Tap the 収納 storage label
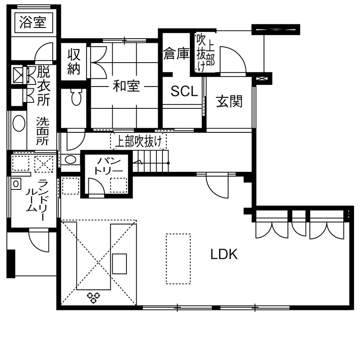[x=74, y=61]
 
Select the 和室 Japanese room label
[x=126, y=86]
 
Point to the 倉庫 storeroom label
[x=176, y=54]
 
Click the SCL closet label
[x=184, y=91]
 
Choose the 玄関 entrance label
[x=229, y=102]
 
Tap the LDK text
[x=224, y=254]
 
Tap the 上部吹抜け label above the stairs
[x=138, y=141]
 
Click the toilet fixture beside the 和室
[x=76, y=98]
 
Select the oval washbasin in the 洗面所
[x=19, y=123]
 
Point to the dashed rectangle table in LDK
[x=178, y=258]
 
